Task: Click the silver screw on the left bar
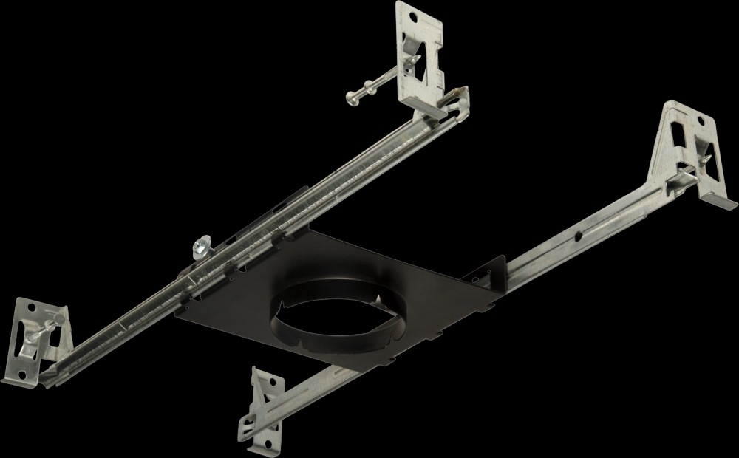tap(201, 247)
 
